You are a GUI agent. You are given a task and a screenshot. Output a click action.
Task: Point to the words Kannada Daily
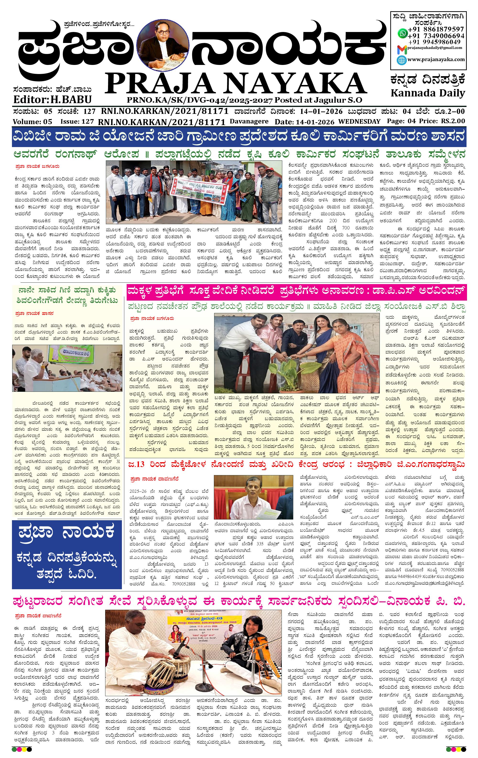pyautogui.click(x=428, y=93)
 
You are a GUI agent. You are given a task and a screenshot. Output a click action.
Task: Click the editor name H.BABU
pyautogui.click(x=71, y=100)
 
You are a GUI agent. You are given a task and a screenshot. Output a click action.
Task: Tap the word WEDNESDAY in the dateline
pyautogui.click(x=359, y=121)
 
